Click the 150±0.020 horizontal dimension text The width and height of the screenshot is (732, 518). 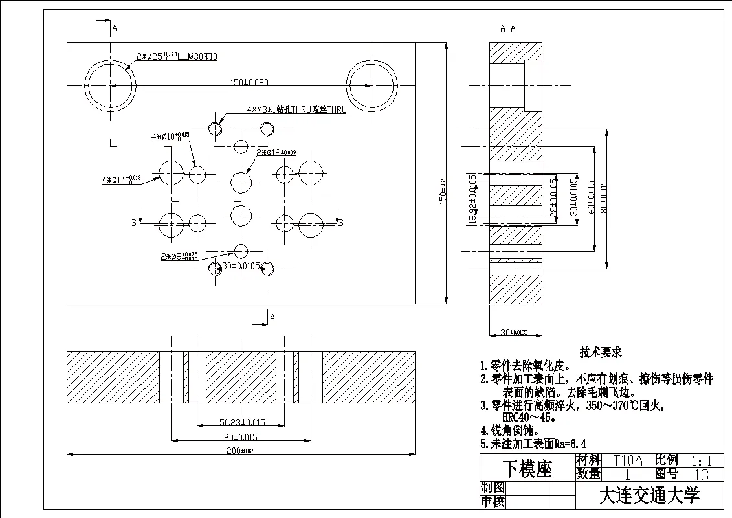[249, 82]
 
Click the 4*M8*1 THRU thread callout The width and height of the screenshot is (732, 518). [296, 109]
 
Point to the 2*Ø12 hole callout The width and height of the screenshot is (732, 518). [276, 153]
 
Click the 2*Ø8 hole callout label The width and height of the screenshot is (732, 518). [179, 256]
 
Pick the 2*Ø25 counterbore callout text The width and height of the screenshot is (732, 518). [176, 57]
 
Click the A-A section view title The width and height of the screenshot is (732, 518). [508, 28]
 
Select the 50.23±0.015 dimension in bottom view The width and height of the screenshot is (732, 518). [241, 423]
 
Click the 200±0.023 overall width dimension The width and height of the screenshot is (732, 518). [241, 450]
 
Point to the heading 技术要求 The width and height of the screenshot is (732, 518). [600, 352]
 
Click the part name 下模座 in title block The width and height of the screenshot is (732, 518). [527, 469]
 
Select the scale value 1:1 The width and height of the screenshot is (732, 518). [702, 461]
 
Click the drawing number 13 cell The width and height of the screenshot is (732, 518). [701, 475]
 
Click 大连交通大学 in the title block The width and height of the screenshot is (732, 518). [649, 496]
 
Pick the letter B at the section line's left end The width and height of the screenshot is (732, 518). [134, 223]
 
